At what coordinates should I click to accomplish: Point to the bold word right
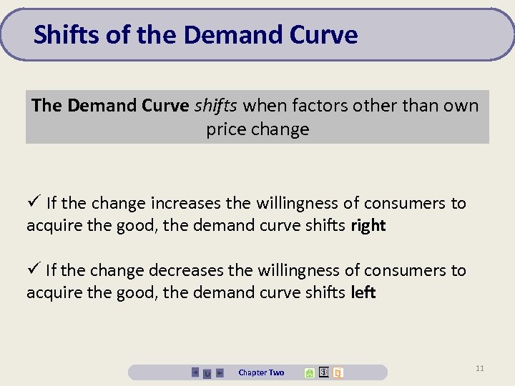pos(368,226)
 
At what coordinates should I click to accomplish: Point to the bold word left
pos(363,292)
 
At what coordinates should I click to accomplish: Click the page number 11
pos(479,368)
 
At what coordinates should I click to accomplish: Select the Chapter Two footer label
pos(261,372)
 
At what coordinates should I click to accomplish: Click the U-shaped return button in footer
pos(207,372)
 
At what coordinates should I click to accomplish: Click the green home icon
pos(309,372)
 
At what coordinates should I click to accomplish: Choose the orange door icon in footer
pos(338,372)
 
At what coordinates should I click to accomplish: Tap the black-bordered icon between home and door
pos(323,372)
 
